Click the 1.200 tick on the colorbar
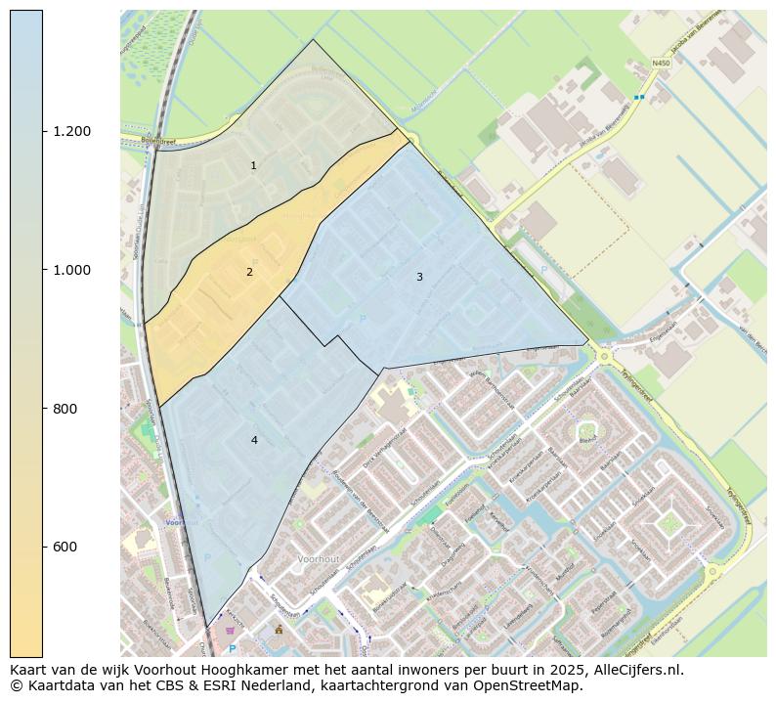point(73,131)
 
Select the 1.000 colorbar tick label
point(73,270)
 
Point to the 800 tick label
point(65,409)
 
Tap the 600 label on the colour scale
point(65,547)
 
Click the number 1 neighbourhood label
point(253,166)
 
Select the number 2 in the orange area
point(249,272)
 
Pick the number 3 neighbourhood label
point(419,277)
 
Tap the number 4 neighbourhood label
point(254,440)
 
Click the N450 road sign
point(661,64)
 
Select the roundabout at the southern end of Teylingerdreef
point(712,570)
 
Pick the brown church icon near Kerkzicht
point(279,629)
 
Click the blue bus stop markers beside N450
point(638,98)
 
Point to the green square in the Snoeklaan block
point(669,524)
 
